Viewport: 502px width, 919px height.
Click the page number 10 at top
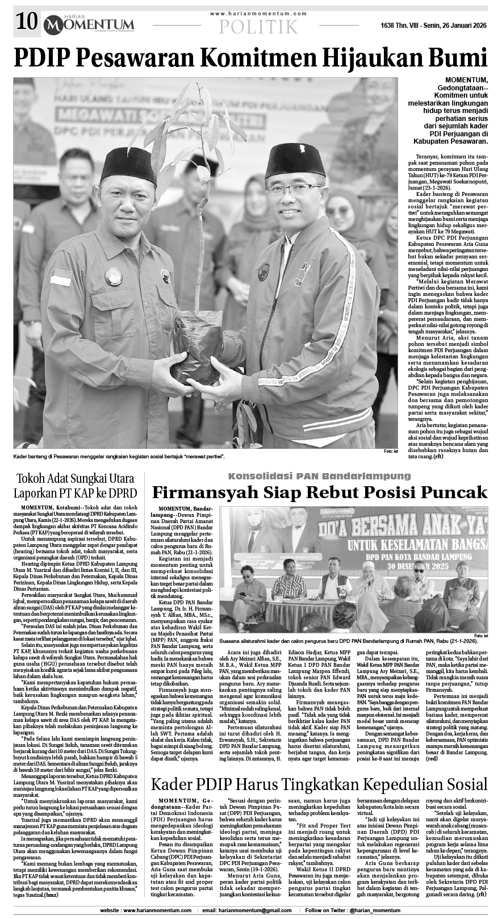click(26, 23)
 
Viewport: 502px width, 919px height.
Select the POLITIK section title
click(258, 26)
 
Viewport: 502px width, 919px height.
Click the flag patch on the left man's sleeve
click(61, 278)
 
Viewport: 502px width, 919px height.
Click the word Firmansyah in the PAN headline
click(209, 492)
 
